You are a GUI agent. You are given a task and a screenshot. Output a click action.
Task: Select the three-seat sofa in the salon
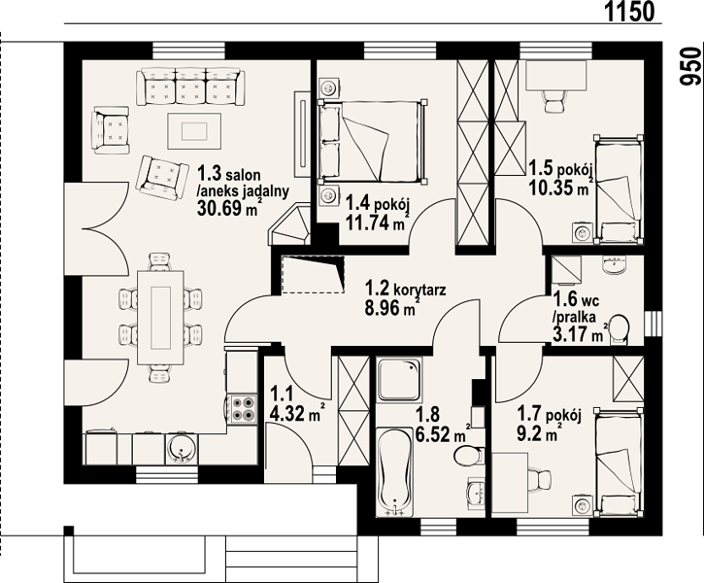(x=192, y=86)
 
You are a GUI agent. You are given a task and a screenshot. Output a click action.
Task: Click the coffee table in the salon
(x=194, y=131)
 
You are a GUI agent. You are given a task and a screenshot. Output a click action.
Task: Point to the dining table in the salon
(x=161, y=318)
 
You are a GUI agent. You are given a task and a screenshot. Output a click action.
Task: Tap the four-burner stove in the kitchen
(x=243, y=409)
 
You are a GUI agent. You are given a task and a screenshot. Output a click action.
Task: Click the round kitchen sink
(x=182, y=449)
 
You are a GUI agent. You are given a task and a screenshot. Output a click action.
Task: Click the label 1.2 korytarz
(x=406, y=289)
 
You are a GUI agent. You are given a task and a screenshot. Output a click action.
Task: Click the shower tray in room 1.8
(x=399, y=380)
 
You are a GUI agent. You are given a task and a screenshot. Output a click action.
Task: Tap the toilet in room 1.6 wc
(x=620, y=329)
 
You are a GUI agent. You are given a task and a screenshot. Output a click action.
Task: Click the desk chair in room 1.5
(x=553, y=101)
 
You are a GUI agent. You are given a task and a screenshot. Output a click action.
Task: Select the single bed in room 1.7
(x=619, y=462)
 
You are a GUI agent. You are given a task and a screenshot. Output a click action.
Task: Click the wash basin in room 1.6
(x=615, y=265)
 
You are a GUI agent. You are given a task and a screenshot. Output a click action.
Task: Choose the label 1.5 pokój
(x=561, y=169)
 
